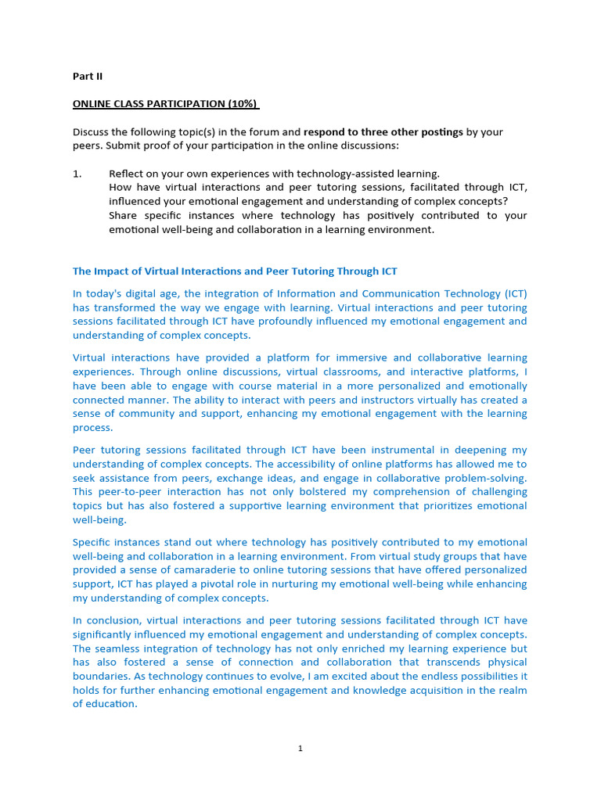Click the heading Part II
point(88,77)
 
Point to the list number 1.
point(77,174)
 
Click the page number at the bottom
point(300,749)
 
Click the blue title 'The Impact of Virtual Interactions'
point(235,271)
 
